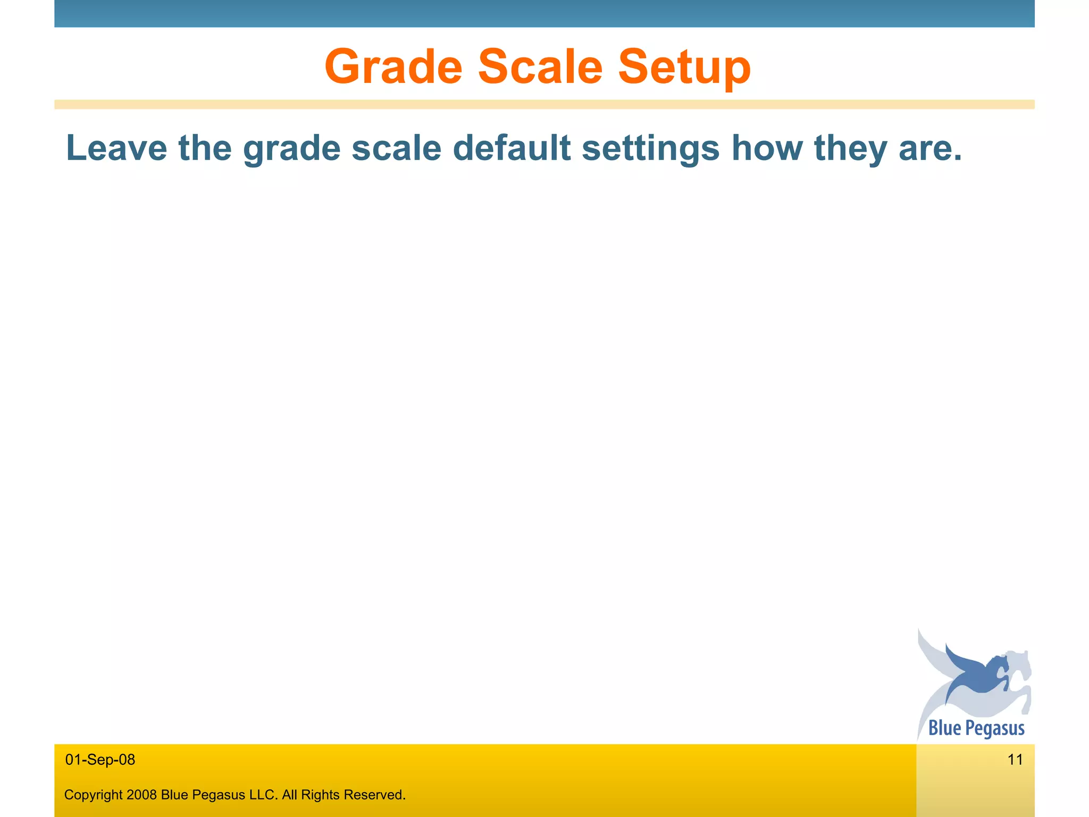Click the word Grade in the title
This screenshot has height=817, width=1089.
point(393,67)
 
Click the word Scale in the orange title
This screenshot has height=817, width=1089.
point(540,67)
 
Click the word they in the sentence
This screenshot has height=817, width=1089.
point(850,149)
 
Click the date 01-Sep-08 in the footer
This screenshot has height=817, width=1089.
point(100,760)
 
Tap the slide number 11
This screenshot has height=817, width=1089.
point(1015,760)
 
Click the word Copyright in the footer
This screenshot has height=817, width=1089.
point(93,795)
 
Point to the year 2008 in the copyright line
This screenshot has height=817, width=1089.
point(142,795)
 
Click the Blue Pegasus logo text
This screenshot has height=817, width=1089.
point(976,728)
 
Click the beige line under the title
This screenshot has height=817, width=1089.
point(544,104)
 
